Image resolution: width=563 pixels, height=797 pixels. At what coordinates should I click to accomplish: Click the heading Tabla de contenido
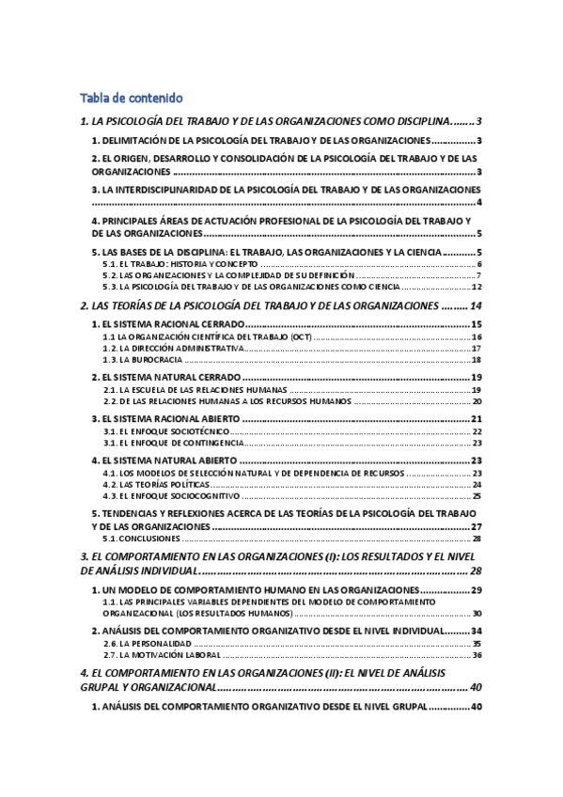click(x=131, y=98)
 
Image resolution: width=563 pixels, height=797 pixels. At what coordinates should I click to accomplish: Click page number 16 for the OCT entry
click(x=477, y=336)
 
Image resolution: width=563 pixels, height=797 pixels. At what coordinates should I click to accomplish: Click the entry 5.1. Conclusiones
click(x=141, y=539)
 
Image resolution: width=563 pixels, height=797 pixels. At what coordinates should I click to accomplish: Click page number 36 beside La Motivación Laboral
click(x=477, y=654)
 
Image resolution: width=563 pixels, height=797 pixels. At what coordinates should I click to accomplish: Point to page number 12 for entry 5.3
click(x=477, y=287)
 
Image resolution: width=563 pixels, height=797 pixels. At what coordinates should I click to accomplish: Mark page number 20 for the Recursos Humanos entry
click(x=477, y=401)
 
